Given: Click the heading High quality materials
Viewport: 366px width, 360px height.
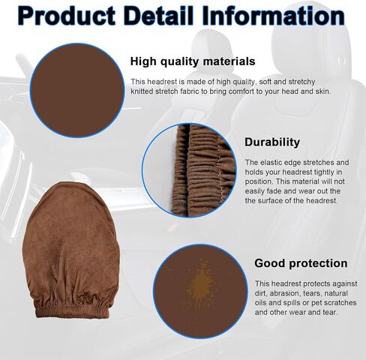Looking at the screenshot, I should click(x=193, y=61).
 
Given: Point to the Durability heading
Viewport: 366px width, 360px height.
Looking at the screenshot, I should click(x=272, y=142).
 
